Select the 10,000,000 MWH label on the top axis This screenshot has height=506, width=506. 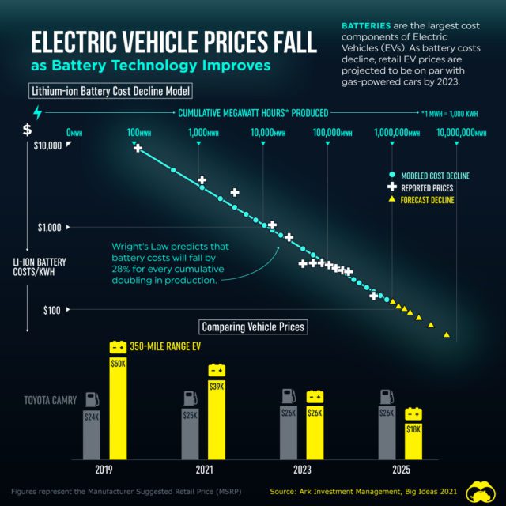[x=460, y=133]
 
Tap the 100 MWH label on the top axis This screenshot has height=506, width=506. [x=139, y=133]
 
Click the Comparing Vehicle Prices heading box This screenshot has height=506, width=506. [x=251, y=327]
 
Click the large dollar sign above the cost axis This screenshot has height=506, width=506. [x=27, y=130]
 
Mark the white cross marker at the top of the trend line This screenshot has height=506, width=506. [x=138, y=148]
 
